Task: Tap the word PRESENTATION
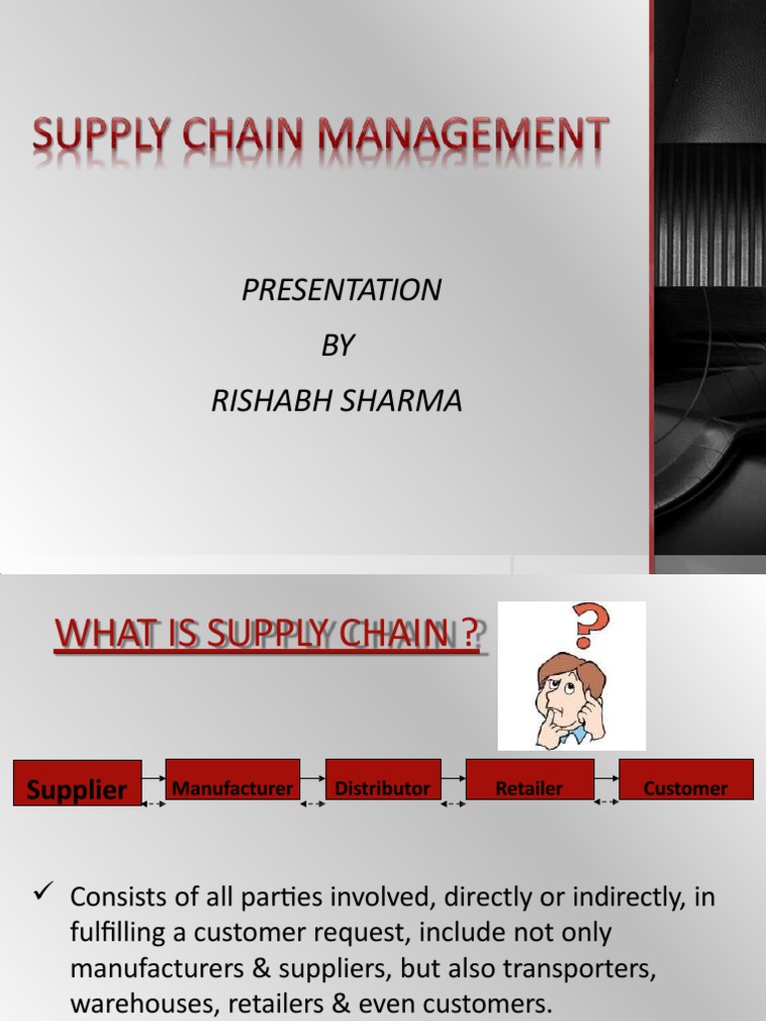(x=341, y=290)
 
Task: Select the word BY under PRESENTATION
(x=337, y=345)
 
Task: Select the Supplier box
(x=77, y=789)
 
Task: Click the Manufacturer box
(x=232, y=787)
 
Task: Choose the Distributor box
(x=382, y=787)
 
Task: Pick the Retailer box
(x=530, y=787)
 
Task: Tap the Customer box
(x=685, y=787)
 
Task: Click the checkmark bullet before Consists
(x=42, y=895)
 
